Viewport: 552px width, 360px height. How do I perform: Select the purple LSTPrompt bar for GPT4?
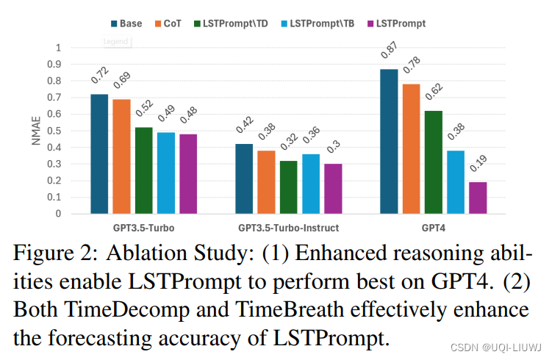pyautogui.click(x=477, y=198)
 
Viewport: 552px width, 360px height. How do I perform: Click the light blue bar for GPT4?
pyautogui.click(x=455, y=182)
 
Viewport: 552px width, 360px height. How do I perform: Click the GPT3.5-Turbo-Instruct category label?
pyautogui.click(x=289, y=227)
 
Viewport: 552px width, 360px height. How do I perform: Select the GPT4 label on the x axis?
pyautogui.click(x=433, y=227)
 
